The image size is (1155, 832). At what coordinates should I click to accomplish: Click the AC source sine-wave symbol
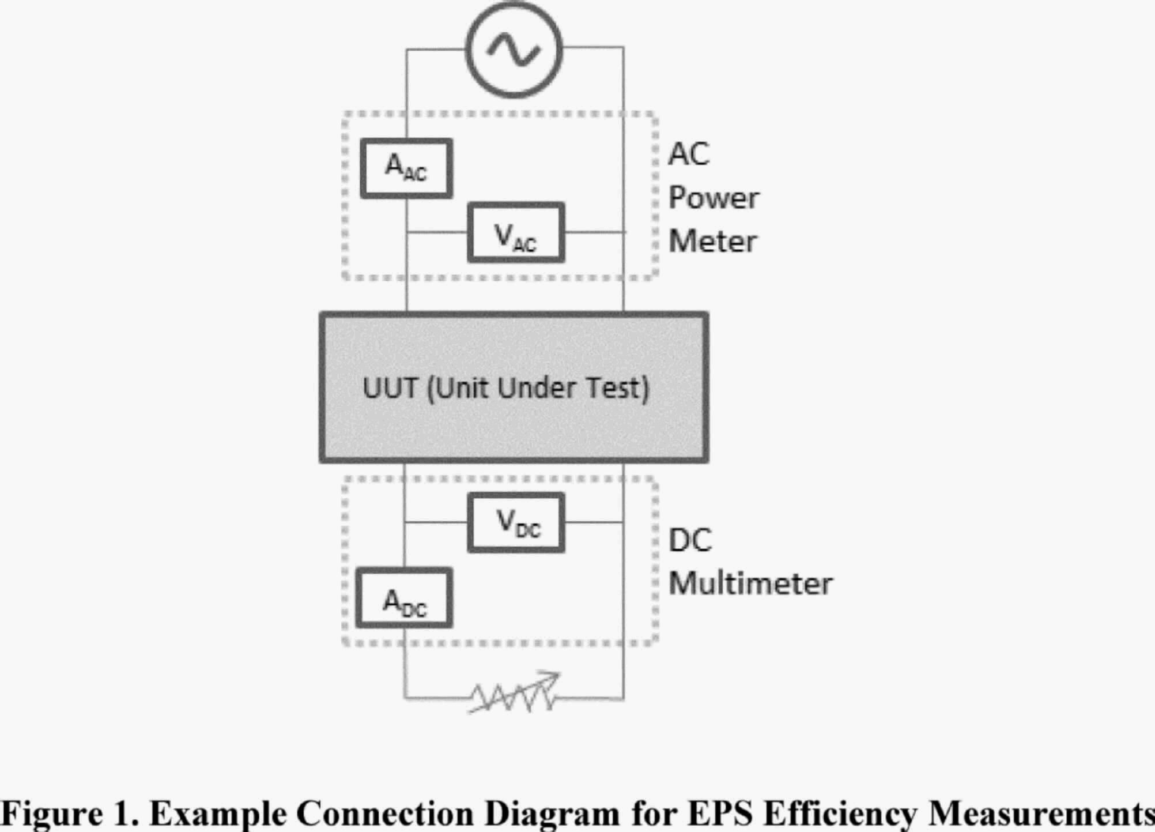[x=514, y=49]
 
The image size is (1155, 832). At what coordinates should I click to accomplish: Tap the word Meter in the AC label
[x=712, y=241]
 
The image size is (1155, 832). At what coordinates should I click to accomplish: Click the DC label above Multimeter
[x=690, y=540]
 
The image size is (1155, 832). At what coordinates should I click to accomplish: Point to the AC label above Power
[x=689, y=154]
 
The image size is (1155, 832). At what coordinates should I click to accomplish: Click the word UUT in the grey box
[x=390, y=388]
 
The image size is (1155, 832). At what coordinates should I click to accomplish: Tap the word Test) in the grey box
[x=618, y=388]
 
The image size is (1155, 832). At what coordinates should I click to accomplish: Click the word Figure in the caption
[x=52, y=813]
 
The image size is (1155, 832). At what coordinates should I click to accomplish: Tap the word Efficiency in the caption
[x=840, y=813]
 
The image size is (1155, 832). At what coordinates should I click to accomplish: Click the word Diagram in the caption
[x=552, y=813]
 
